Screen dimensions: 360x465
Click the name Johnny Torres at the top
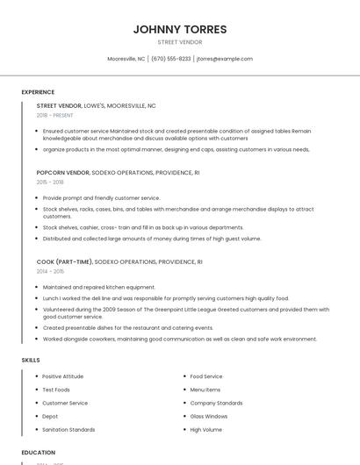click(x=180, y=29)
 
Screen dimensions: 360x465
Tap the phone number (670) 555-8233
click(x=170, y=59)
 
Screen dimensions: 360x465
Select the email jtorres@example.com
click(x=225, y=59)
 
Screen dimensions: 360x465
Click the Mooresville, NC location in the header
click(x=126, y=59)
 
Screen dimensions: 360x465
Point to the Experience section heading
click(x=38, y=92)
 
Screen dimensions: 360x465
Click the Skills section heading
click(x=31, y=360)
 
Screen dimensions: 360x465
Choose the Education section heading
click(x=39, y=453)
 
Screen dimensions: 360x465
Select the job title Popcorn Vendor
click(x=63, y=173)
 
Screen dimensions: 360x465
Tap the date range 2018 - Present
click(x=55, y=115)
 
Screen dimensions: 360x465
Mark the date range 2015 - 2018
click(x=50, y=182)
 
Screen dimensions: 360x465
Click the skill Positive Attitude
click(x=63, y=376)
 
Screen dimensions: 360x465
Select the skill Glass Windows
click(x=209, y=416)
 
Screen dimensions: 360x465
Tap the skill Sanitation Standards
click(x=68, y=430)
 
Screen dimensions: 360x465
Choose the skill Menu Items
click(x=205, y=390)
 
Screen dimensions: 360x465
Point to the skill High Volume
click(x=206, y=430)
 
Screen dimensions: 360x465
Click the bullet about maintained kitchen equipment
click(x=99, y=287)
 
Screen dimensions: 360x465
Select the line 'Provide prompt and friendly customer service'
click(x=102, y=198)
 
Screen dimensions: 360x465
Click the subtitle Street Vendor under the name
click(x=180, y=42)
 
